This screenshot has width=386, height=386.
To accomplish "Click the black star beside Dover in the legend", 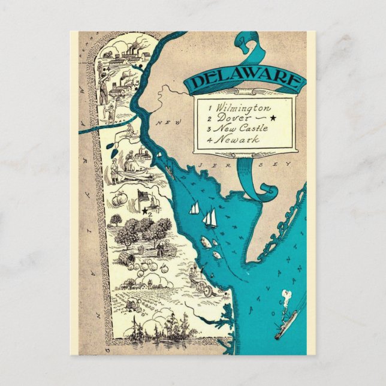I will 273,119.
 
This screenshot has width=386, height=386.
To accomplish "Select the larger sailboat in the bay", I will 210,218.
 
